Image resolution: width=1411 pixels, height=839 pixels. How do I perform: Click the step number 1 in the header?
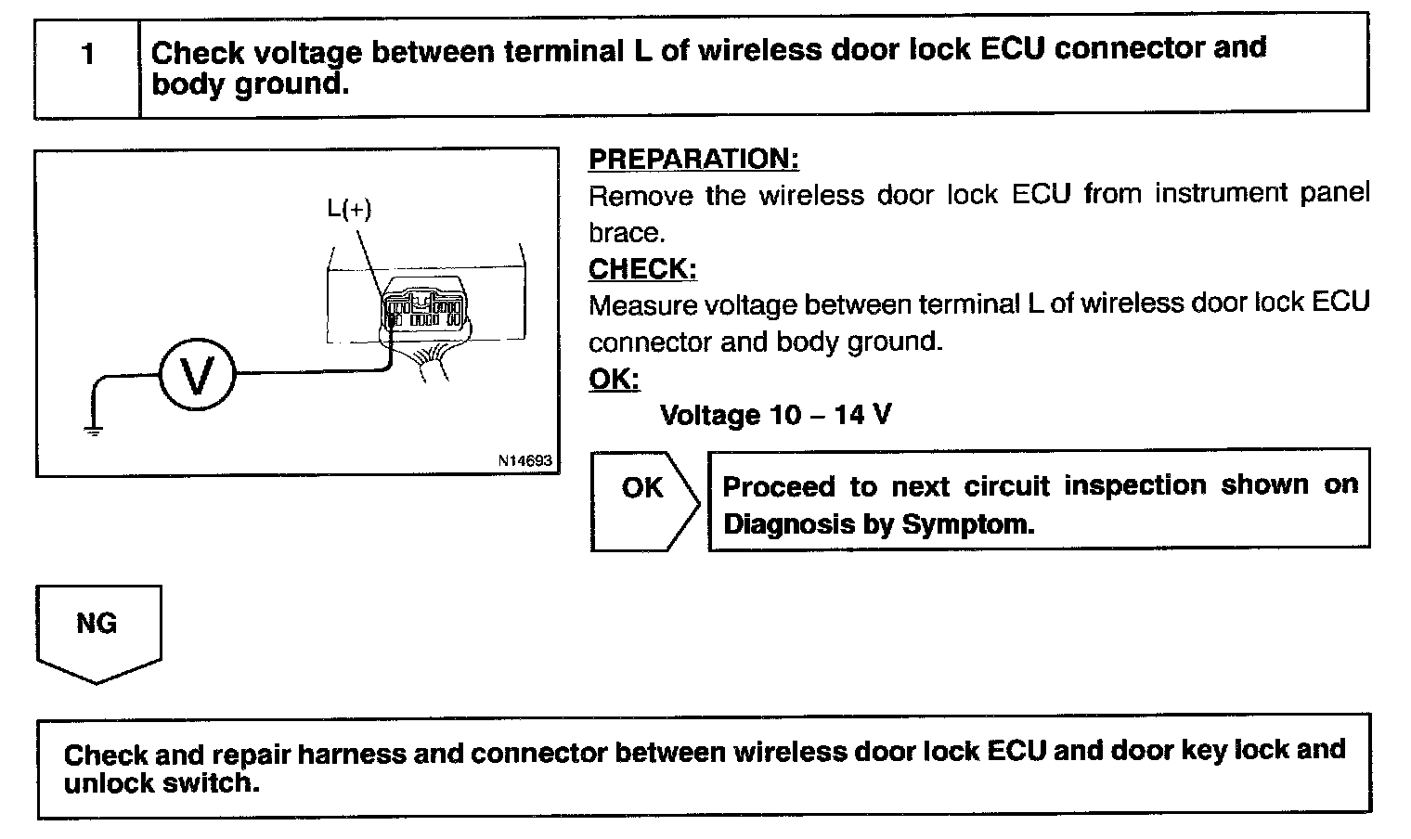pyautogui.click(x=88, y=55)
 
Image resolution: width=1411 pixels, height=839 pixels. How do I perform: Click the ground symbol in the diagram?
pyautogui.click(x=92, y=429)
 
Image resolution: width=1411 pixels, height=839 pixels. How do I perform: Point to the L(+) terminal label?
pyautogui.click(x=349, y=209)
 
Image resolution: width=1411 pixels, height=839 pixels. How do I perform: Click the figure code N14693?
pyautogui.click(x=524, y=460)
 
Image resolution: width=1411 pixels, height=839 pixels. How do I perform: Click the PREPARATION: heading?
pyautogui.click(x=693, y=159)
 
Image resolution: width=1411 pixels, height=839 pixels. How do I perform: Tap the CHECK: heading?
pyautogui.click(x=642, y=269)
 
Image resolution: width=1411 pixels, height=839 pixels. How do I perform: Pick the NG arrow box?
pyautogui.click(x=97, y=632)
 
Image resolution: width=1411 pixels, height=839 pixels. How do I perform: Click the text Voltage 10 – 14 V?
pyautogui.click(x=775, y=415)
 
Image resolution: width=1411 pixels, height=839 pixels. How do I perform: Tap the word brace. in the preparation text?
pyautogui.click(x=627, y=232)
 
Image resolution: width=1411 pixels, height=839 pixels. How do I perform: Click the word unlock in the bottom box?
pyautogui.click(x=108, y=783)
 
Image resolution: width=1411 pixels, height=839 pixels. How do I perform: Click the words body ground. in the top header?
pyautogui.click(x=250, y=84)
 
